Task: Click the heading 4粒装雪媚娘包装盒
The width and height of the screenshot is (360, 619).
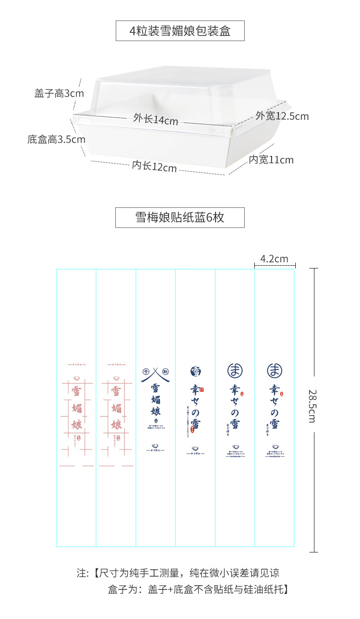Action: (180, 31)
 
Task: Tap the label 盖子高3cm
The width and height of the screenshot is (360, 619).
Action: (59, 93)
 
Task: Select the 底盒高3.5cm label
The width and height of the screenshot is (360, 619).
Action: (57, 139)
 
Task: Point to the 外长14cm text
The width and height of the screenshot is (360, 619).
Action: (155, 119)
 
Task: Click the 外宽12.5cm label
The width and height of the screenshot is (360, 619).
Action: (282, 116)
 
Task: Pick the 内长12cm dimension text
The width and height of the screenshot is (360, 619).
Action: (154, 166)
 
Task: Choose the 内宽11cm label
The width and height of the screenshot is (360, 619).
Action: (271, 160)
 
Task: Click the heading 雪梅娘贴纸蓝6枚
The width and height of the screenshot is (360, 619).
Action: (180, 217)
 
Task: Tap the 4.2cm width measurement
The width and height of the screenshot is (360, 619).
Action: (274, 259)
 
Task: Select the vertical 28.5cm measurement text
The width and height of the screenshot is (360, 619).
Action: (312, 406)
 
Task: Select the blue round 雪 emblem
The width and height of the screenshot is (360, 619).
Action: (195, 371)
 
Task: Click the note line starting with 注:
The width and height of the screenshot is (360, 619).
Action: (178, 573)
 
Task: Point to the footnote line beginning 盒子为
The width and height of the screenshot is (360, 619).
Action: (198, 589)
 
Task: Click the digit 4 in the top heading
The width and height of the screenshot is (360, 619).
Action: (133, 31)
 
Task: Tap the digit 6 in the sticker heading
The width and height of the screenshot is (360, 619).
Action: (209, 217)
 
